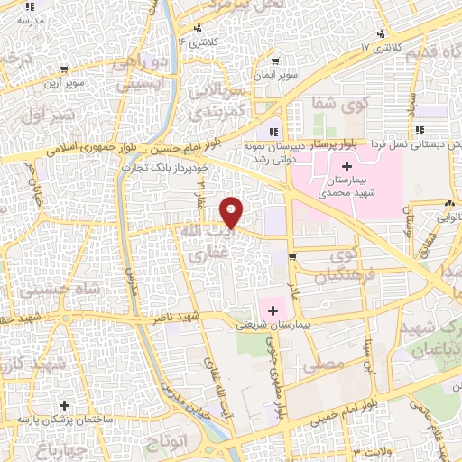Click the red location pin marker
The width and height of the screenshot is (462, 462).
click(x=233, y=211)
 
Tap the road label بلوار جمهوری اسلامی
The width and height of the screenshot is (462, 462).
click(x=67, y=147)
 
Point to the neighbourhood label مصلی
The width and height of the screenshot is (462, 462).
click(x=328, y=364)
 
